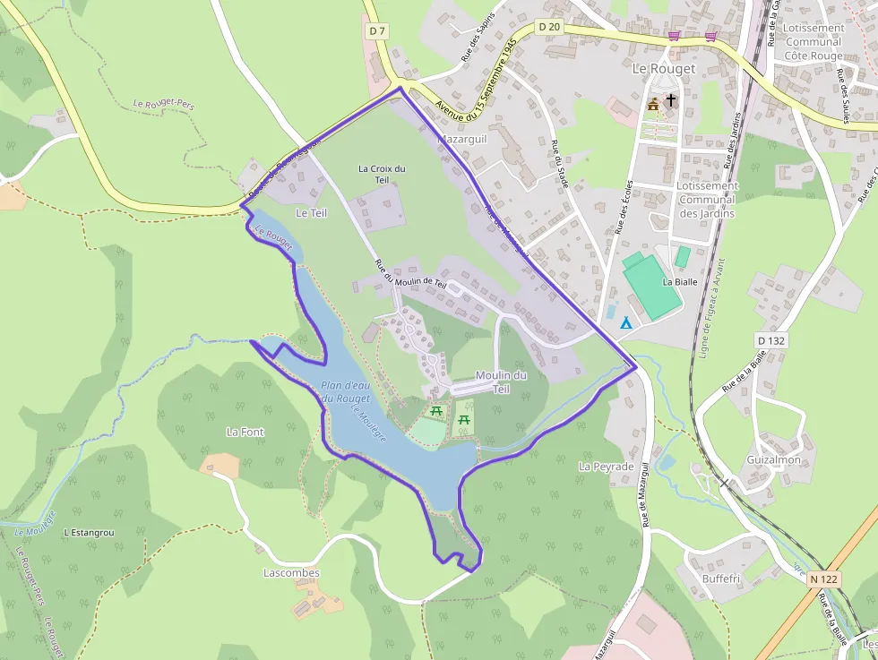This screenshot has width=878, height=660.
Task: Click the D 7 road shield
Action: [377, 30]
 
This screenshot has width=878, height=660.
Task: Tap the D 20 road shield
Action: [549, 27]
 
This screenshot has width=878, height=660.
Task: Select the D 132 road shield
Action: [770, 340]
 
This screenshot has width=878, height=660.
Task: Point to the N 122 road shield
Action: [823, 579]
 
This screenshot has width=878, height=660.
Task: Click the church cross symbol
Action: [671, 101]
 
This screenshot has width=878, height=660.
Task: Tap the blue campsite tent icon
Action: [626, 321]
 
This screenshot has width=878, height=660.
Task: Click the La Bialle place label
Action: [679, 281]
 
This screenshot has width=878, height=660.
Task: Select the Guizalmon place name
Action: [773, 459]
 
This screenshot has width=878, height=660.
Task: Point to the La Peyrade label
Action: [606, 467]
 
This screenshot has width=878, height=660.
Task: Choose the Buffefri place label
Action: [721, 579]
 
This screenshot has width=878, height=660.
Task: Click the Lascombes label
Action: [291, 572]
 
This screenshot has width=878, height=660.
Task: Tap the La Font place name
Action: [245, 432]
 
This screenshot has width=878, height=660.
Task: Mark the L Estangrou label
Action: [89, 532]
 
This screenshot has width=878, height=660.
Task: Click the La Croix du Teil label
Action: [382, 174]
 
